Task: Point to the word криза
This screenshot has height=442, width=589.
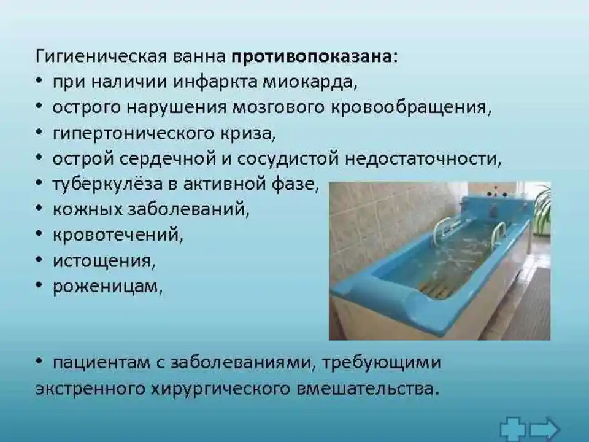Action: pyautogui.click(x=250, y=133)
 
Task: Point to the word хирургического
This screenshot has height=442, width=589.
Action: pyautogui.click(x=220, y=388)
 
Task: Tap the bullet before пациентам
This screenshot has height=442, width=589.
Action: pyautogui.click(x=39, y=361)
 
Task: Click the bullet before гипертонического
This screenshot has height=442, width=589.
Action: pyautogui.click(x=39, y=133)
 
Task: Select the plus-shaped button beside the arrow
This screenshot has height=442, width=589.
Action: pyautogui.click(x=513, y=429)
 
